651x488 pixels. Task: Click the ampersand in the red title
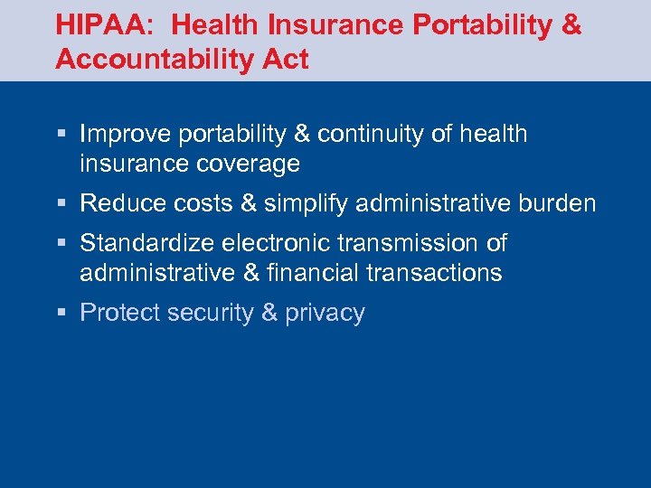coord(571,25)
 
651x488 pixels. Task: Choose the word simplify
coord(306,203)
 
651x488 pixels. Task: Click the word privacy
coord(325,313)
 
